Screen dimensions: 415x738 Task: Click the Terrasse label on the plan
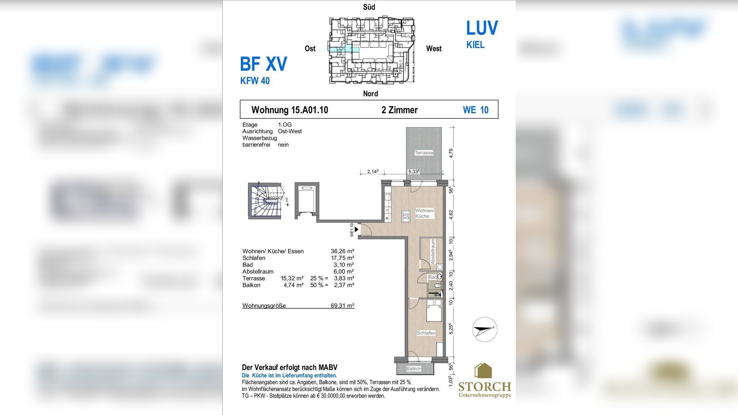[424, 153]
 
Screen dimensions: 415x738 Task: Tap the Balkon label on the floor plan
[414, 369]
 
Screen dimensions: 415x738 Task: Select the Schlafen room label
[426, 333]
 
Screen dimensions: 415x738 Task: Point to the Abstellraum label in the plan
[433, 252]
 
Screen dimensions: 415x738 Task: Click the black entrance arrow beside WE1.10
[357, 230]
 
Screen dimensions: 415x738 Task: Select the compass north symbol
[485, 329]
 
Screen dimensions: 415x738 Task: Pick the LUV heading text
[482, 28]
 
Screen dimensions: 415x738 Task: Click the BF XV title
[263, 64]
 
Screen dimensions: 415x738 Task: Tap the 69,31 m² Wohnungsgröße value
[342, 306]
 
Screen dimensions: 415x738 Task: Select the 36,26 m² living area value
[342, 251]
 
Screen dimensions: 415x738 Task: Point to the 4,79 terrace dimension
[451, 153]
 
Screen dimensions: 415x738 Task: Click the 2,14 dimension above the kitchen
[372, 172]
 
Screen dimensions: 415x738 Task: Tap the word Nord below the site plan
[370, 94]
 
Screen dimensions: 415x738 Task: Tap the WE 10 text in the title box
[476, 110]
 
